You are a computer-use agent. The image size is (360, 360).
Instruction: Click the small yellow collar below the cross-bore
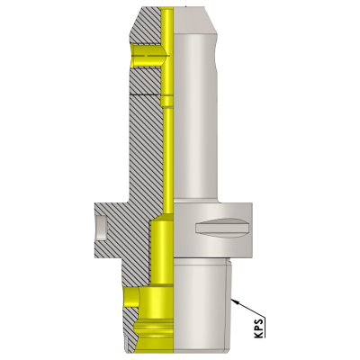[x=167, y=90]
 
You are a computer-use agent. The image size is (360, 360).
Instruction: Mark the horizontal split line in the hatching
[x=144, y=94]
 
